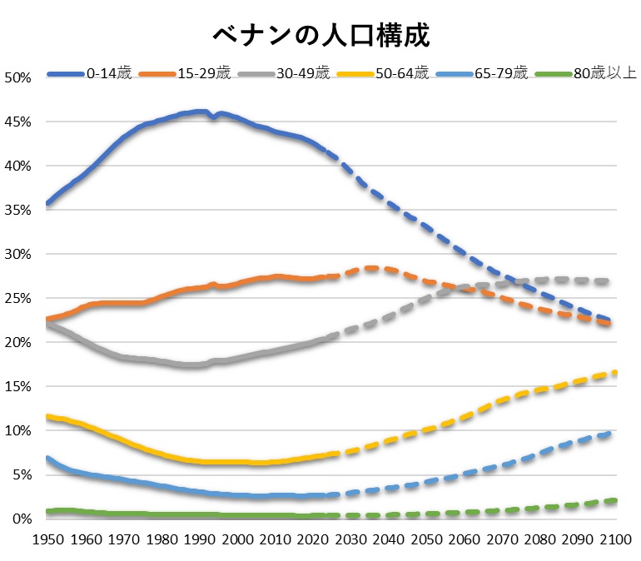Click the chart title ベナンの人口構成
click(x=320, y=35)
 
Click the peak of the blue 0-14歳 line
click(x=200, y=111)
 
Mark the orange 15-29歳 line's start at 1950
click(x=47, y=319)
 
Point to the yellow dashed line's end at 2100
click(x=615, y=372)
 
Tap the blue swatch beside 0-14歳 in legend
click(x=67, y=73)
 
